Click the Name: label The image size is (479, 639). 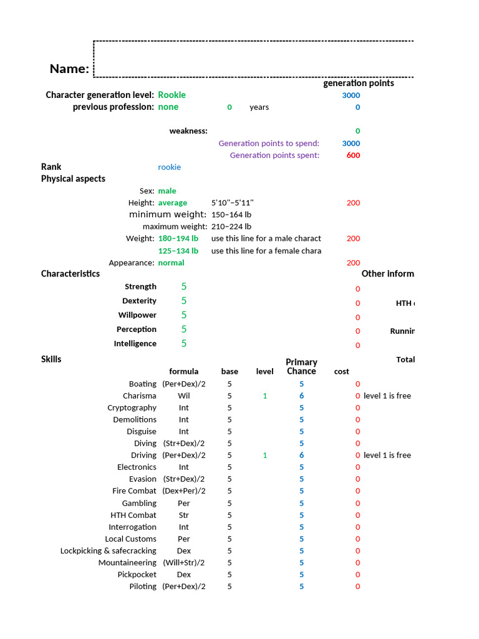click(x=69, y=69)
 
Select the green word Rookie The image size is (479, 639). click(x=172, y=95)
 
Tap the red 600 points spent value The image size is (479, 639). click(x=353, y=155)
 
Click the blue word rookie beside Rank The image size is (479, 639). click(x=170, y=167)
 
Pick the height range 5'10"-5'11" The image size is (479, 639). click(x=232, y=203)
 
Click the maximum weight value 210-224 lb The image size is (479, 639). click(x=231, y=227)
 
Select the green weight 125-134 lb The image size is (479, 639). click(x=178, y=251)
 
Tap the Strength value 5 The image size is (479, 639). click(x=184, y=286)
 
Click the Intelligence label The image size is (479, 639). click(x=135, y=344)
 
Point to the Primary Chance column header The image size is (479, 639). click(x=301, y=366)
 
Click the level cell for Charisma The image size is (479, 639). click(x=264, y=396)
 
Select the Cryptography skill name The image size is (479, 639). click(x=132, y=407)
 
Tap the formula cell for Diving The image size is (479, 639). click(x=184, y=444)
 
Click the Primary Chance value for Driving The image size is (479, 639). click(x=301, y=455)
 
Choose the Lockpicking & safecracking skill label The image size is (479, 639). click(x=109, y=550)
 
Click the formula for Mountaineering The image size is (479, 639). click(x=184, y=563)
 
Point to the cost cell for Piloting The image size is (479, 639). click(x=357, y=587)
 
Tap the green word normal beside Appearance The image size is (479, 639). click(x=171, y=263)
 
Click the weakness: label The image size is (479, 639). click(x=188, y=131)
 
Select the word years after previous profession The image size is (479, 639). click(x=259, y=107)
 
